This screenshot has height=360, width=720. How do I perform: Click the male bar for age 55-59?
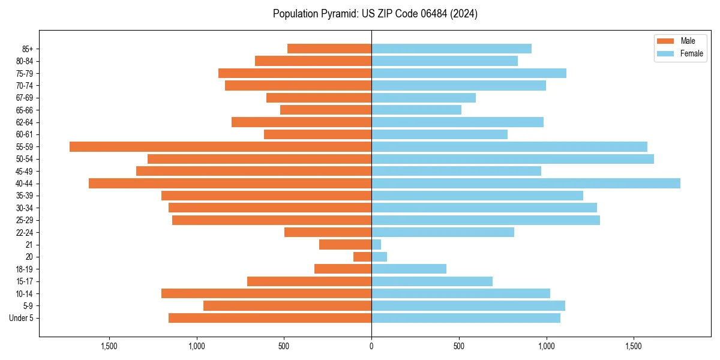tap(220, 146)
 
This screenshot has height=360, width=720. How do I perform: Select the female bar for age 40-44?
tap(526, 183)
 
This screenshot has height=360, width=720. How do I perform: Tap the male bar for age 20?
tap(362, 257)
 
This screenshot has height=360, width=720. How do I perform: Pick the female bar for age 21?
tap(376, 244)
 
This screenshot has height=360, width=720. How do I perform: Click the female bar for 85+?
tap(451, 49)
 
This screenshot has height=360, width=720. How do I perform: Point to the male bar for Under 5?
tap(270, 318)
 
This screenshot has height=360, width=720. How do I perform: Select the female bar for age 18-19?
tap(409, 269)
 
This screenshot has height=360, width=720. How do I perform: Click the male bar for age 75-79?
tap(295, 73)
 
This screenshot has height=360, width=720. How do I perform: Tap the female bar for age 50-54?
tap(512, 159)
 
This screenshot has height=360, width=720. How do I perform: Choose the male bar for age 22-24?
tap(328, 232)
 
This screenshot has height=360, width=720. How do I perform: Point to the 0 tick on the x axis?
tap(371, 346)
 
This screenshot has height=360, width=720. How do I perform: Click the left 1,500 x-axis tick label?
tap(109, 346)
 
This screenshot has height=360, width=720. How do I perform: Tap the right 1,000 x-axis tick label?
tap(546, 346)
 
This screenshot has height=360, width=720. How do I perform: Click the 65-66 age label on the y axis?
tap(25, 110)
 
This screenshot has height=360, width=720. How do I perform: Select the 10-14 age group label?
tap(25, 293)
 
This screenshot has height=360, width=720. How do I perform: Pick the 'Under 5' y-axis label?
tap(22, 318)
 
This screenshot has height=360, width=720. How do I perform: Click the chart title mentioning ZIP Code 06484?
tap(375, 14)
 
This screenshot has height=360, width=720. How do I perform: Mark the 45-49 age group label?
tap(25, 171)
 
